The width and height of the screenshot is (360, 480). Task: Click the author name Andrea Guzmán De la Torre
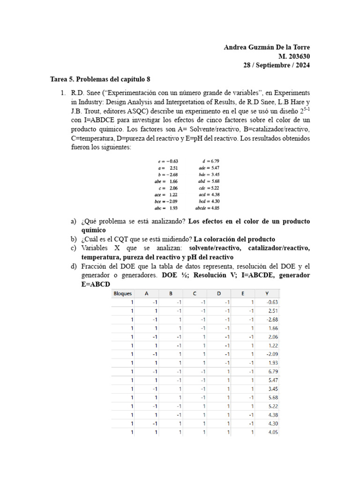pos(267,47)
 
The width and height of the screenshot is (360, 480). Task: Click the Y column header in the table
pos(267,293)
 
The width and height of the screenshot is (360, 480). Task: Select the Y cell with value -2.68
pos(271,319)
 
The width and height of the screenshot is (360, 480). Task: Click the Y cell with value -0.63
pos(271,302)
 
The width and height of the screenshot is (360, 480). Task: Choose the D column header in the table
pos(218,293)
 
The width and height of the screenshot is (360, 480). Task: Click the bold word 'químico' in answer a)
pos(93,230)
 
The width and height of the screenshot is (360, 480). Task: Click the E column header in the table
pos(243,293)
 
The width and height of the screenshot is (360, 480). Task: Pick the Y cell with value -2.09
pos(271,353)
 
